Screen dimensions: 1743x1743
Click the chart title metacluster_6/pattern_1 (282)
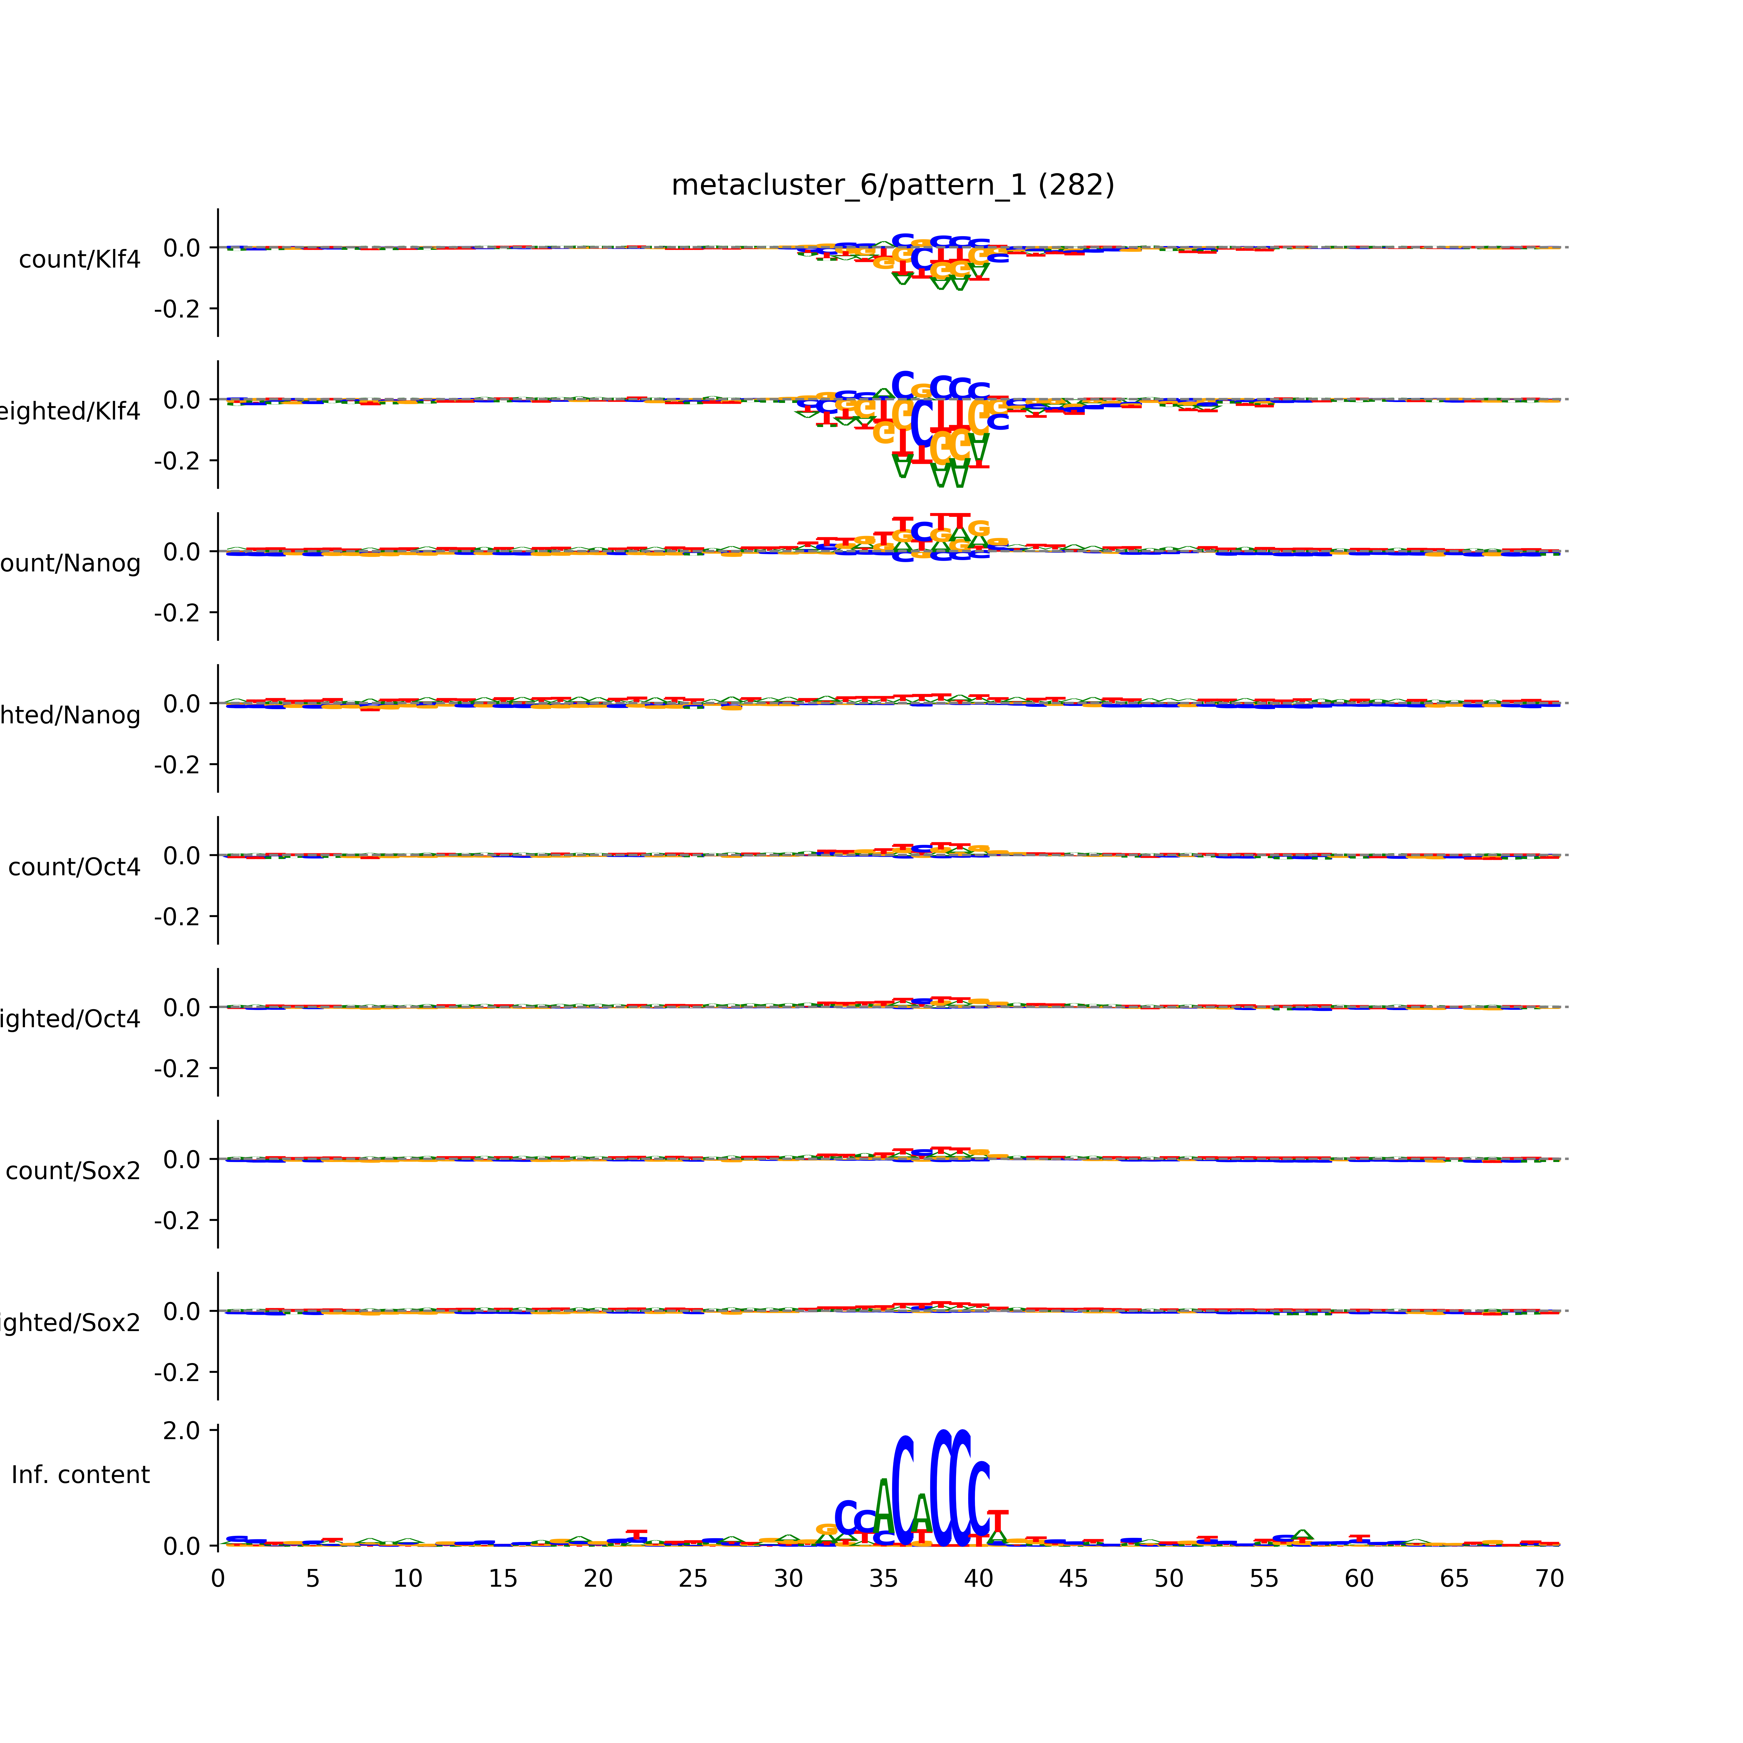(892, 185)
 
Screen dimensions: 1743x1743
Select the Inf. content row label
(80, 1475)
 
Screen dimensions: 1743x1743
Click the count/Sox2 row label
(73, 1171)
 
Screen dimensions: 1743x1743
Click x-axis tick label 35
(883, 1579)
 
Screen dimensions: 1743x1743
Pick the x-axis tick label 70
(1549, 1579)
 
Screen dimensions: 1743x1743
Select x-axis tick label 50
(1168, 1579)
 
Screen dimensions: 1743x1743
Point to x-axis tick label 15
(503, 1579)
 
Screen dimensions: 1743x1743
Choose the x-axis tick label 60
(1359, 1579)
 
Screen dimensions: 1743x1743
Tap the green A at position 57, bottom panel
(1302, 1535)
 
